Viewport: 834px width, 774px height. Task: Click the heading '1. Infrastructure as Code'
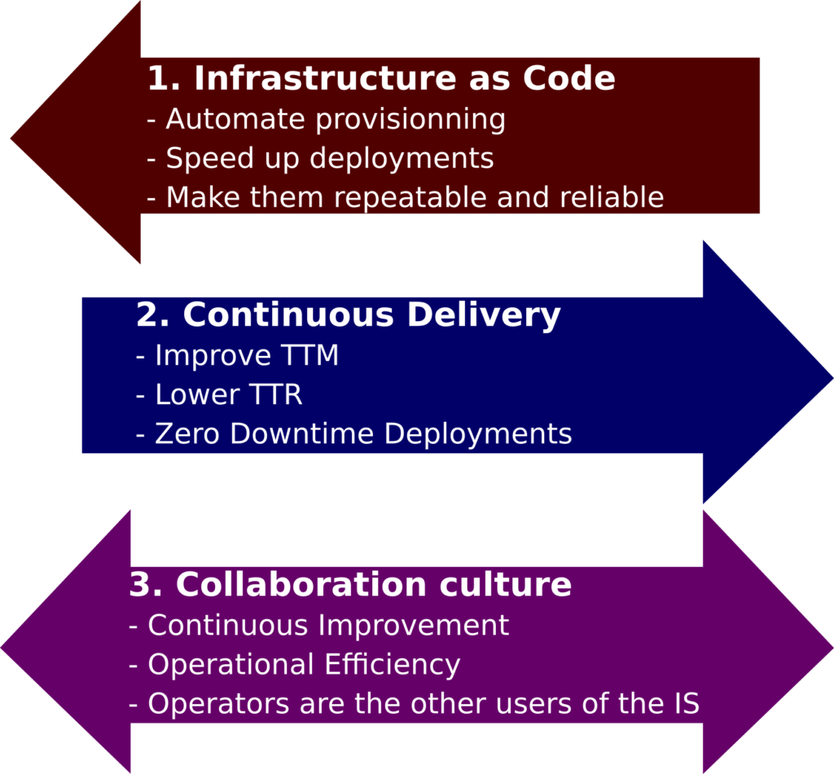pos(381,78)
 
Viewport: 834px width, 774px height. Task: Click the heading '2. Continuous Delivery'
pos(349,315)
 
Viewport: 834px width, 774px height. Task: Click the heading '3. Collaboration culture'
pos(350,584)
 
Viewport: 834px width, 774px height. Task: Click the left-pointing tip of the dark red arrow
pos(11,139)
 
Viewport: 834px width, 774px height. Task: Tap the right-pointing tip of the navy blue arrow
pos(833,378)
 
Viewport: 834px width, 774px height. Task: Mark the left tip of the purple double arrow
pos(1,648)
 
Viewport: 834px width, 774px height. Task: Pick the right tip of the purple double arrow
pos(833,648)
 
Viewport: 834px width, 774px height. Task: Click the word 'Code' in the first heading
pos(569,78)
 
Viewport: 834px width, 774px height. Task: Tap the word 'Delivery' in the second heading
pos(484,315)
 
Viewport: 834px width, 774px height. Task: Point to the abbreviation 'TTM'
pos(310,354)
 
